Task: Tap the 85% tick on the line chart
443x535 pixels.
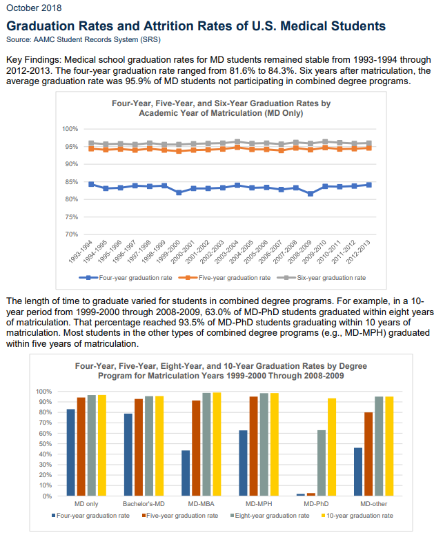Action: click(71, 182)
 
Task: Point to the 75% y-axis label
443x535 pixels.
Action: click(71, 217)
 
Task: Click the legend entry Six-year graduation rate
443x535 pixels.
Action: click(330, 278)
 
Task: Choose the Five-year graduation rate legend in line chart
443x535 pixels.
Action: click(233, 278)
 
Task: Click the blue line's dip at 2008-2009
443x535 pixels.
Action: click(311, 194)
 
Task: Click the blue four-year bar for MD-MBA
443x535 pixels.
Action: click(186, 473)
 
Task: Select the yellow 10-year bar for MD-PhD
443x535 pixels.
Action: click(331, 447)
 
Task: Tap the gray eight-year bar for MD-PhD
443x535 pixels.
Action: click(321, 463)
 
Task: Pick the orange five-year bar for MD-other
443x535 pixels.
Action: click(369, 454)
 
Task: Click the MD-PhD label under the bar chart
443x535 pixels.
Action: click(315, 504)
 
